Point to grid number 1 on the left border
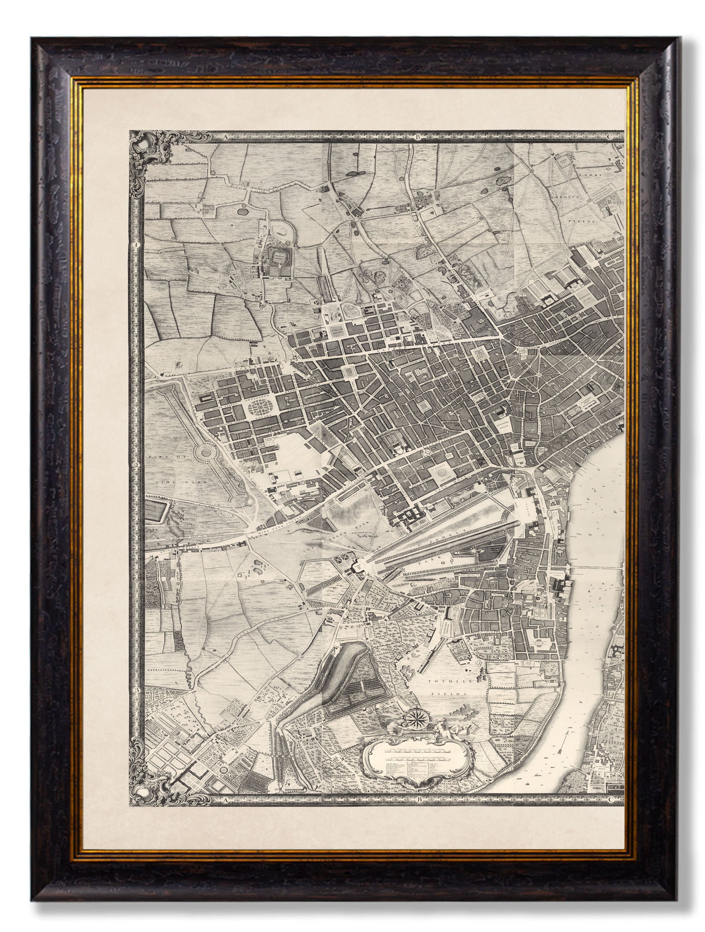(136, 244)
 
